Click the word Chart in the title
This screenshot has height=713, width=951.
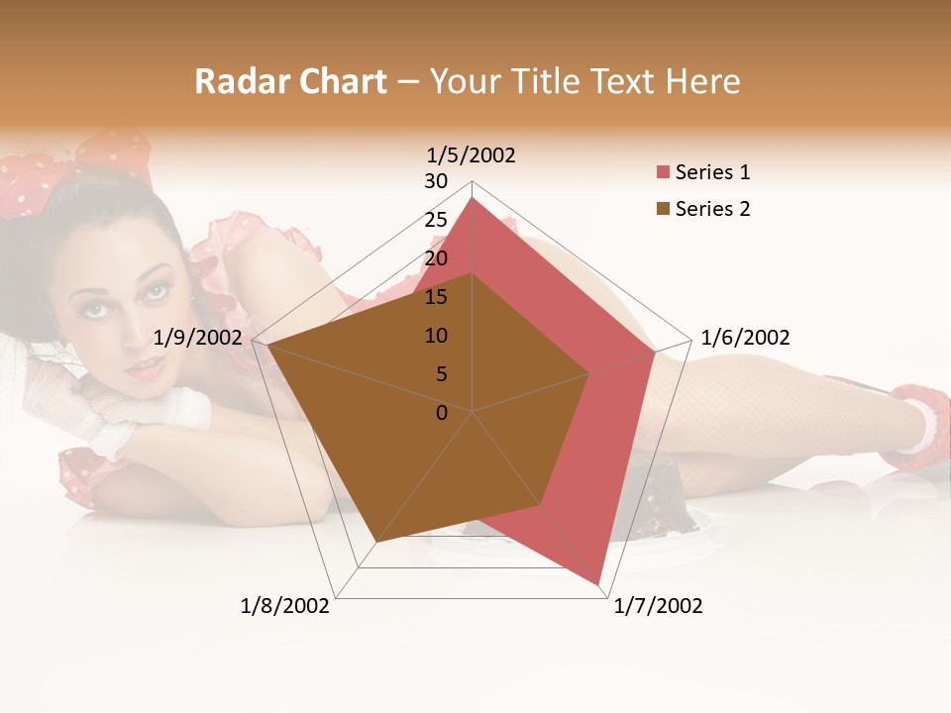pyautogui.click(x=337, y=81)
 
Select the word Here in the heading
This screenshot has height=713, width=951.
pyautogui.click(x=702, y=81)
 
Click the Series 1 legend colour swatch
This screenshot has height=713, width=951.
pyautogui.click(x=663, y=172)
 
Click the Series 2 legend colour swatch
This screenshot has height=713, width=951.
pyautogui.click(x=663, y=209)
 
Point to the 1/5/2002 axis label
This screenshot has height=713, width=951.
pyautogui.click(x=472, y=155)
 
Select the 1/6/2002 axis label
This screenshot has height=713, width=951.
pyautogui.click(x=745, y=338)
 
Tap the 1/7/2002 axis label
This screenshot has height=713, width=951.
pyautogui.click(x=658, y=606)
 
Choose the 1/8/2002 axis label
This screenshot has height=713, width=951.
pyautogui.click(x=285, y=606)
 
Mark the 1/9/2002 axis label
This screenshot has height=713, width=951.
pyautogui.click(x=198, y=338)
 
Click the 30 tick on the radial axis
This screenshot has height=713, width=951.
pyautogui.click(x=436, y=181)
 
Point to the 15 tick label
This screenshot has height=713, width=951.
pyautogui.click(x=436, y=297)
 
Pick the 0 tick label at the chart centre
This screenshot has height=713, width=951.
pyautogui.click(x=442, y=413)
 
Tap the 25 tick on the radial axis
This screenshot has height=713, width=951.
pyautogui.click(x=436, y=220)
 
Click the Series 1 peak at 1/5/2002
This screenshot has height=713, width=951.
pyautogui.click(x=473, y=198)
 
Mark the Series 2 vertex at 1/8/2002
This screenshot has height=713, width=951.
pyautogui.click(x=377, y=542)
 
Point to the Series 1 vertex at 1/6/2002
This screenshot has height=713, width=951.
pyautogui.click(x=655, y=352)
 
